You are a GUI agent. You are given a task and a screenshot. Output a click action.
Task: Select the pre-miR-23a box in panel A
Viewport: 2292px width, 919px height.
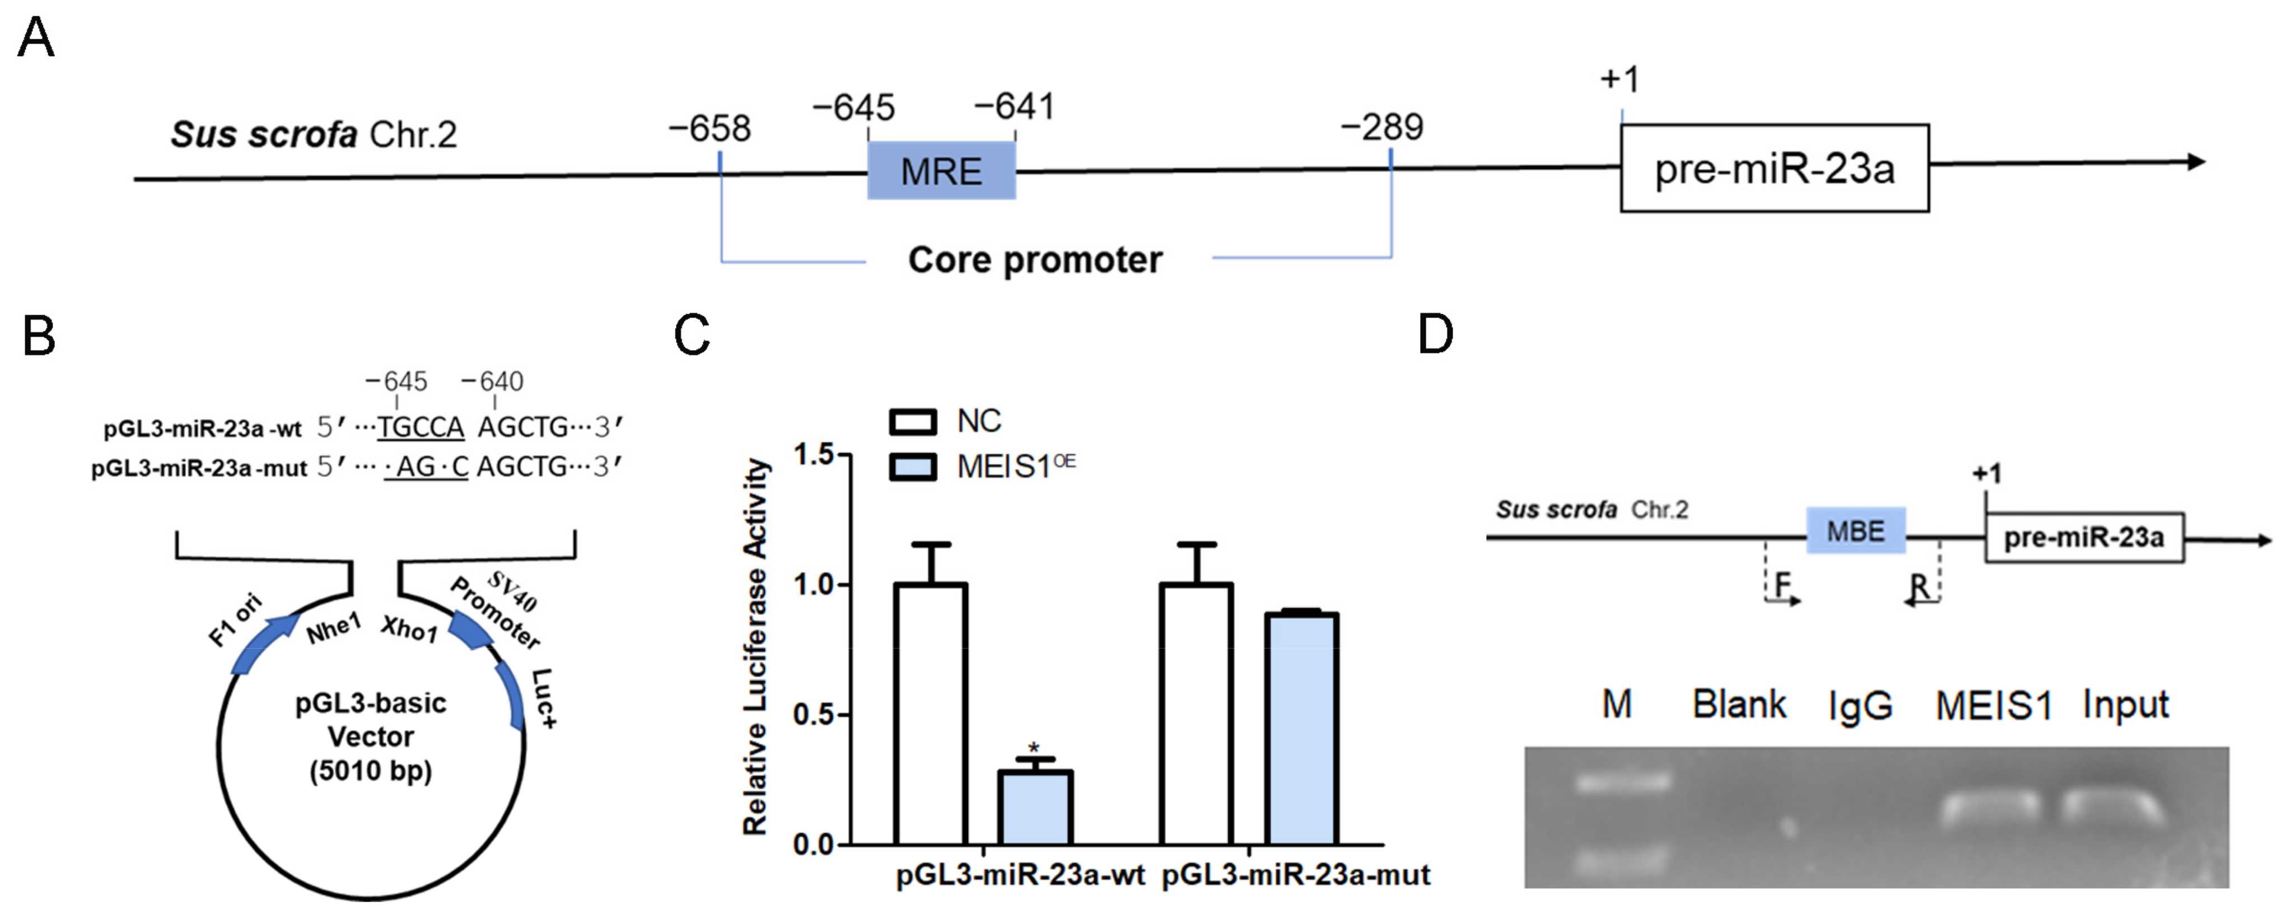pos(1773,168)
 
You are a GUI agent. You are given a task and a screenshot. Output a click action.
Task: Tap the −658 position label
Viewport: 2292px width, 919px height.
pos(709,129)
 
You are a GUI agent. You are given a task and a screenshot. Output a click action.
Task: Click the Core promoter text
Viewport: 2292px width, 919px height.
pos(1035,260)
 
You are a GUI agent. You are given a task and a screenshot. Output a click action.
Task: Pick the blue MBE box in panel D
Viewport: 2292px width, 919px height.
pos(1855,531)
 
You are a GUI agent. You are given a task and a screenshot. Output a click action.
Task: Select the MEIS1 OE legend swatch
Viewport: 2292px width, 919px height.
pos(912,466)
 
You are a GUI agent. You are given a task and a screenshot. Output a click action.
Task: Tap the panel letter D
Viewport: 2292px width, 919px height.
pos(1435,335)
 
